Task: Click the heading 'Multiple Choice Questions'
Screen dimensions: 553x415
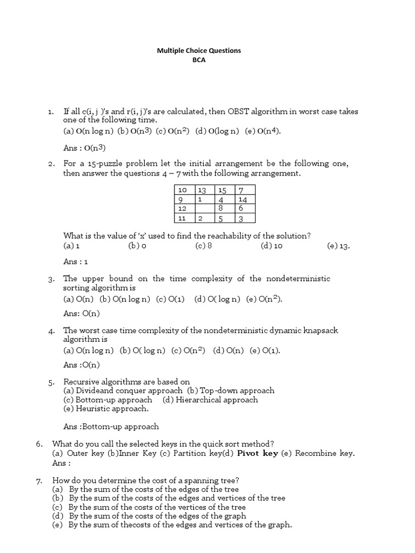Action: (199, 50)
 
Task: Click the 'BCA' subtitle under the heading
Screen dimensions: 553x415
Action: (199, 60)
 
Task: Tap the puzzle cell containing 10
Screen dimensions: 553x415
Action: (183, 190)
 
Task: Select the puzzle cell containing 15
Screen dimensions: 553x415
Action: (222, 190)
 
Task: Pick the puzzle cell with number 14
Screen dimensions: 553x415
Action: (245, 199)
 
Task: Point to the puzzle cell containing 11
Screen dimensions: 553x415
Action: (183, 218)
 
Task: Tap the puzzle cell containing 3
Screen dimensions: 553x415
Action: (245, 218)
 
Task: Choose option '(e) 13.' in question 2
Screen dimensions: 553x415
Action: (339, 246)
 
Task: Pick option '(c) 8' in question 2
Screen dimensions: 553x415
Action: (204, 246)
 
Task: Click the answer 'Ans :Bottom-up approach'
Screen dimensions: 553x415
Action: (111, 427)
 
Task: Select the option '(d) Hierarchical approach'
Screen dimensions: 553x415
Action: (210, 400)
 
